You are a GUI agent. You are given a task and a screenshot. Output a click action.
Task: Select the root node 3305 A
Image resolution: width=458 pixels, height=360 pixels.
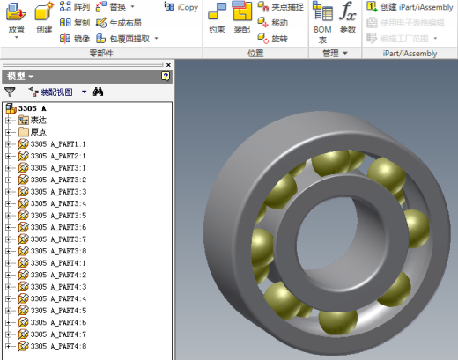tap(32, 107)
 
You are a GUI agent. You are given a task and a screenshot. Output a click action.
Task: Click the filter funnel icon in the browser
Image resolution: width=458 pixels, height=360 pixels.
tap(10, 92)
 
